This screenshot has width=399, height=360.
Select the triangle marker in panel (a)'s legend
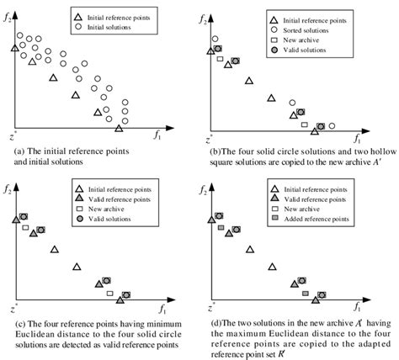pos(77,17)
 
